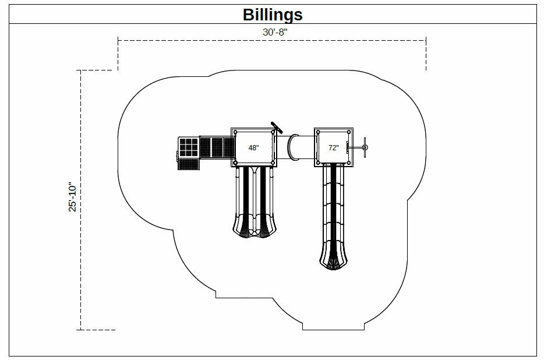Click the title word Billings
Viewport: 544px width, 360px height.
pos(272,15)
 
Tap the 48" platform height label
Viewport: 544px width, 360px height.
pos(253,148)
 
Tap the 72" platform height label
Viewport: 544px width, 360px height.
pos(333,148)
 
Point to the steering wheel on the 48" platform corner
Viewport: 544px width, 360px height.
pos(276,127)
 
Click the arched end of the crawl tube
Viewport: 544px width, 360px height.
pos(294,147)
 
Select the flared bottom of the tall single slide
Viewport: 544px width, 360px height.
pos(334,260)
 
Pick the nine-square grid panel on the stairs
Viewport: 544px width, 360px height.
pos(188,147)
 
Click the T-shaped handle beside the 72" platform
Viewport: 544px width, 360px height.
pos(363,147)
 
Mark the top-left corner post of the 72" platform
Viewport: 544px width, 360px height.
pos(319,132)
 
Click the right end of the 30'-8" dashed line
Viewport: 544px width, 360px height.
pos(426,40)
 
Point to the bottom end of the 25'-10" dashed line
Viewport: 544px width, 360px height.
pos(80,329)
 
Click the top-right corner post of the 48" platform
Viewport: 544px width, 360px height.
pos(272,132)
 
